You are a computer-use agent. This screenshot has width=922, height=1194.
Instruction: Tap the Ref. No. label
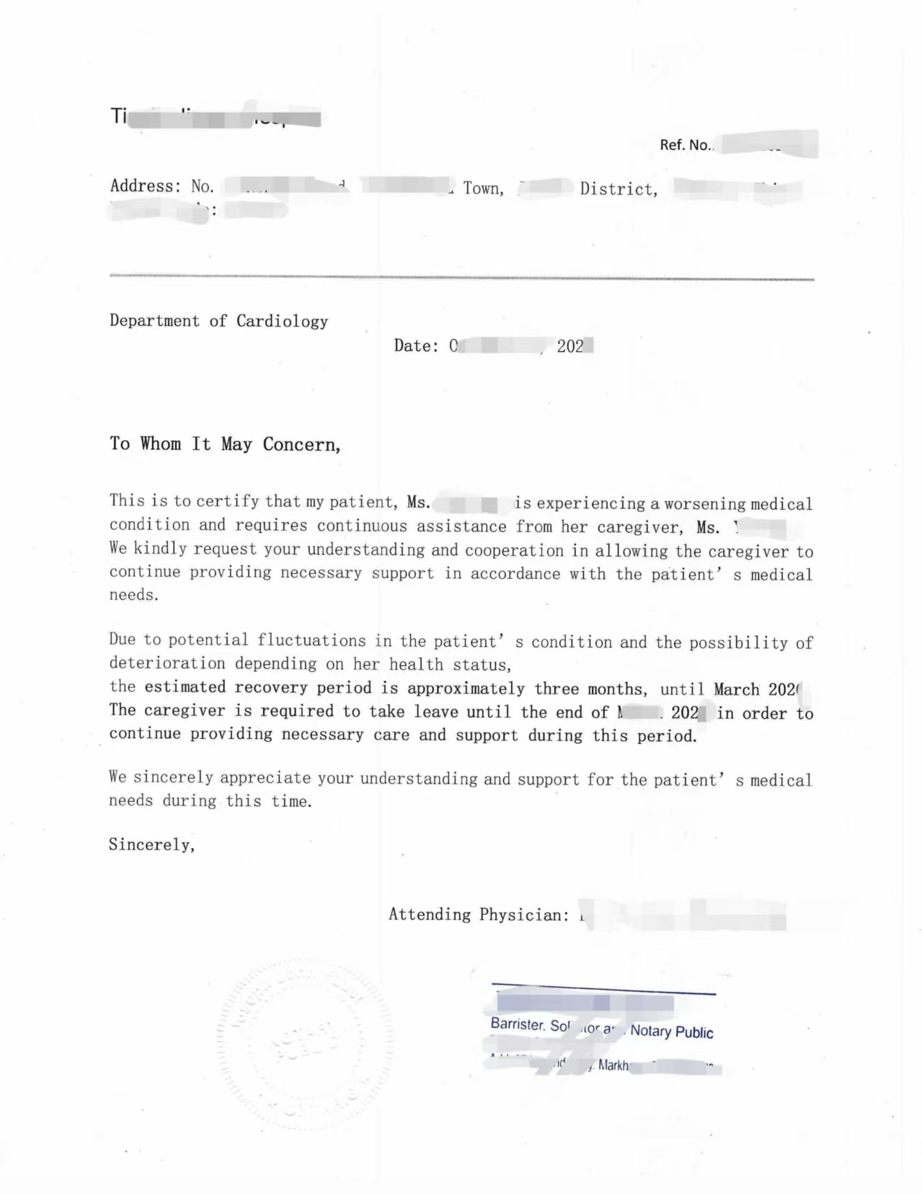(686, 145)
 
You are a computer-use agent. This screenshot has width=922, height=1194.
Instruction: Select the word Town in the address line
(482, 189)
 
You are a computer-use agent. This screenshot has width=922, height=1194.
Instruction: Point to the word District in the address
(618, 190)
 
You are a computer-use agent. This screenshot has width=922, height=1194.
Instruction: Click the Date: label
(416, 346)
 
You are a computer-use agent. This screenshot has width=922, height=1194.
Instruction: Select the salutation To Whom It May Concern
(224, 444)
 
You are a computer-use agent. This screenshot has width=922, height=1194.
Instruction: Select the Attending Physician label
(478, 915)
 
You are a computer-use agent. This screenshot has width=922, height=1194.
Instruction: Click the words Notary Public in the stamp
(671, 1032)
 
